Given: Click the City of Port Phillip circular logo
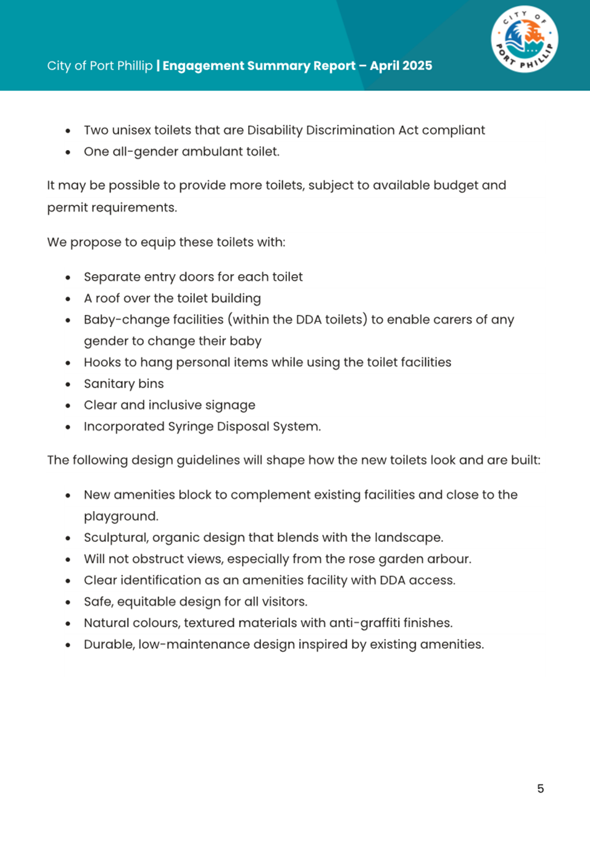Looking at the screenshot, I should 525,39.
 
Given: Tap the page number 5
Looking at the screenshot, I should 541,788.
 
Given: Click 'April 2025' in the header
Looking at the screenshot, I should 401,65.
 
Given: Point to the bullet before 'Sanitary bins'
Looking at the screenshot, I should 68,384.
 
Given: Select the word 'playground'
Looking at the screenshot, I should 120,516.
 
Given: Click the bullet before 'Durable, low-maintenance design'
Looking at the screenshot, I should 68,644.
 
